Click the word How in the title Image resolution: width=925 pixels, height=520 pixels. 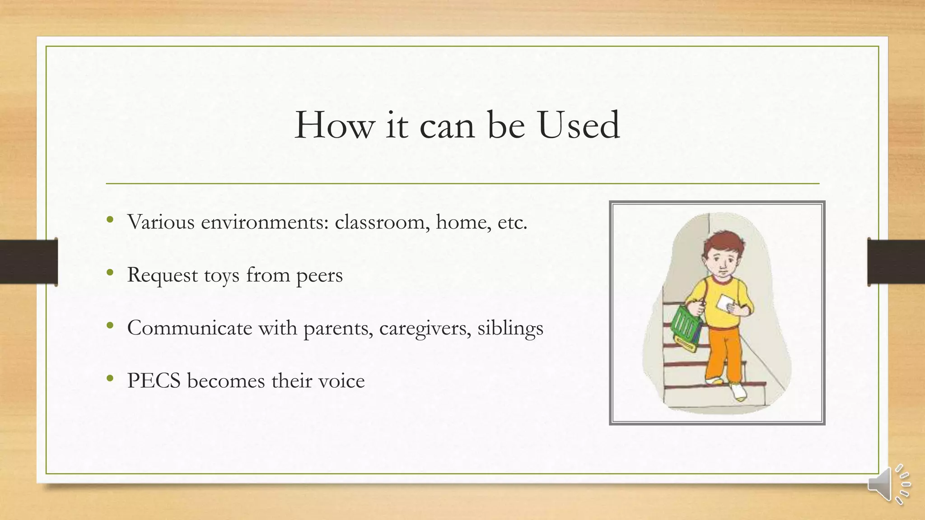335,125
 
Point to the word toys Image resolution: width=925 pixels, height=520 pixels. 221,275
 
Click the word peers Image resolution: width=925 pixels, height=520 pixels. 319,275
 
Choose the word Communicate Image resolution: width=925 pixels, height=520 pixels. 190,328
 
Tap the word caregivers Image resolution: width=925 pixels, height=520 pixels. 425,328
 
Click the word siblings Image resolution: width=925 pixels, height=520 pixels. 510,328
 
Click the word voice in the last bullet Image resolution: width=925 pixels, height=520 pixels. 341,381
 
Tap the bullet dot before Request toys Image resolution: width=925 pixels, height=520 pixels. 110,273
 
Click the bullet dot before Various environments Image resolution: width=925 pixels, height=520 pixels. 110,220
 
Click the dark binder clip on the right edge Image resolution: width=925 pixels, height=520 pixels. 896,262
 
